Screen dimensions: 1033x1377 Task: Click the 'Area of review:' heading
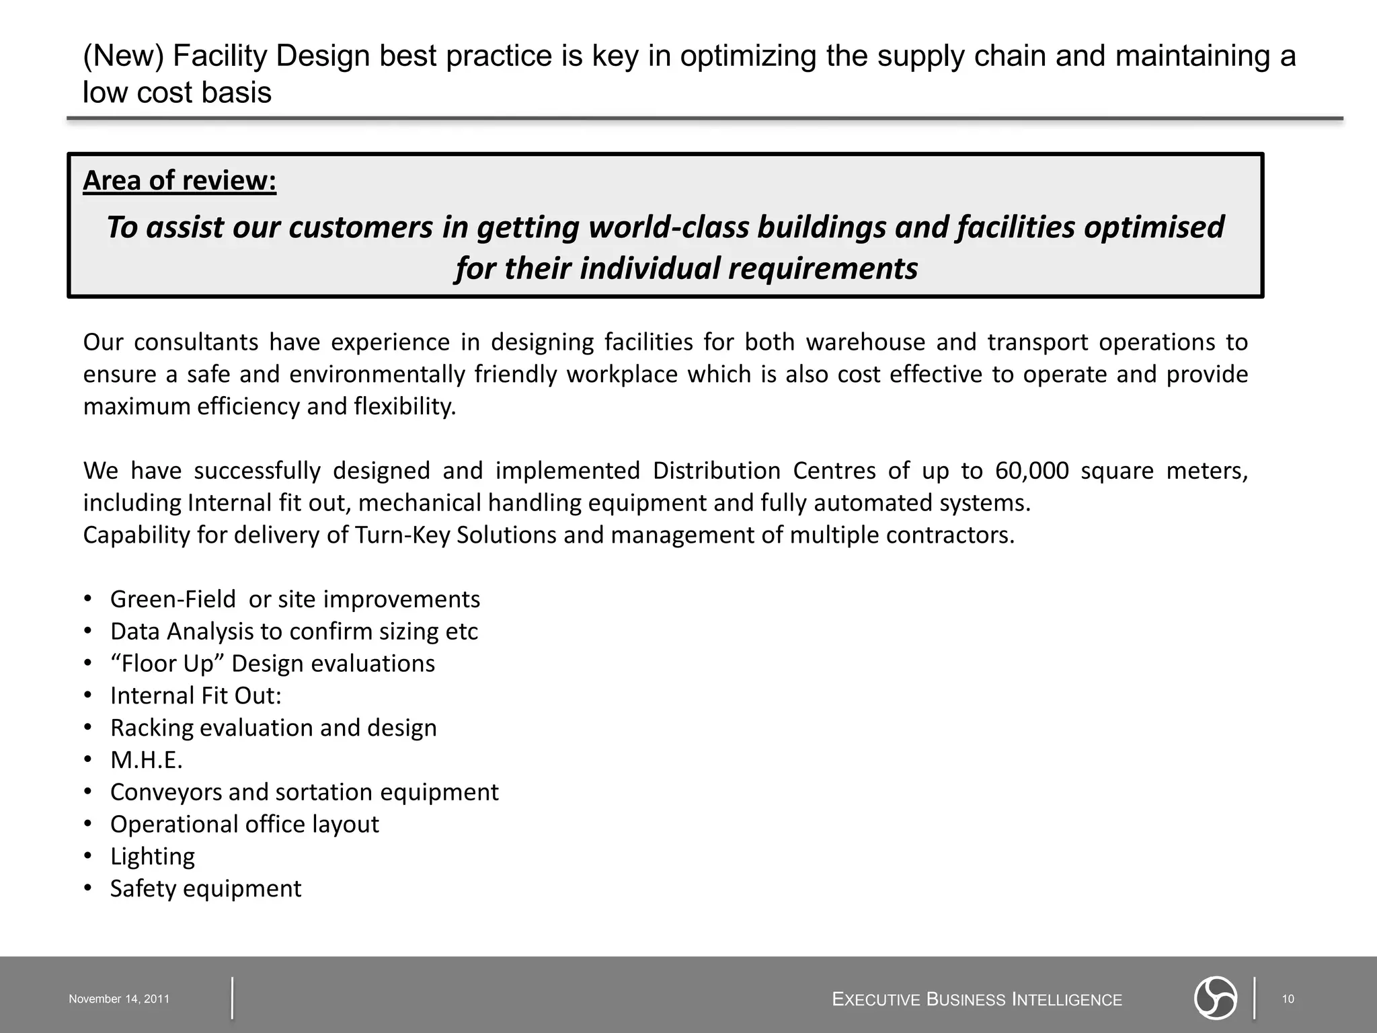pyautogui.click(x=180, y=181)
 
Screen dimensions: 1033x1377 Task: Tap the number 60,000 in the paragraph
pyautogui.click(x=1031, y=471)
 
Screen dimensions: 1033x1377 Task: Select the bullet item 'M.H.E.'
pyautogui.click(x=147, y=760)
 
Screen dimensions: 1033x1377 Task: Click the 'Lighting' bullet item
pyautogui.click(x=153, y=857)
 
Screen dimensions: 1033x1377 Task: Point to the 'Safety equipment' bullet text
pyautogui.click(x=206, y=889)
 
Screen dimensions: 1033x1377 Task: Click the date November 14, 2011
pyautogui.click(x=119, y=999)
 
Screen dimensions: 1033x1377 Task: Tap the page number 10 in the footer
pyautogui.click(x=1288, y=999)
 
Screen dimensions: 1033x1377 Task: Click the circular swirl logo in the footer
pyautogui.click(x=1216, y=998)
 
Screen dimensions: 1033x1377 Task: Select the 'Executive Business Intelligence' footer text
pyautogui.click(x=977, y=1000)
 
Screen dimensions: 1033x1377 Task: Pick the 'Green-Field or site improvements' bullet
pyautogui.click(x=295, y=599)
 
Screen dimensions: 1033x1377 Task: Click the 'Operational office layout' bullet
pyautogui.click(x=245, y=825)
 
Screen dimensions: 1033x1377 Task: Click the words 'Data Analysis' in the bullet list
pyautogui.click(x=181, y=632)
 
